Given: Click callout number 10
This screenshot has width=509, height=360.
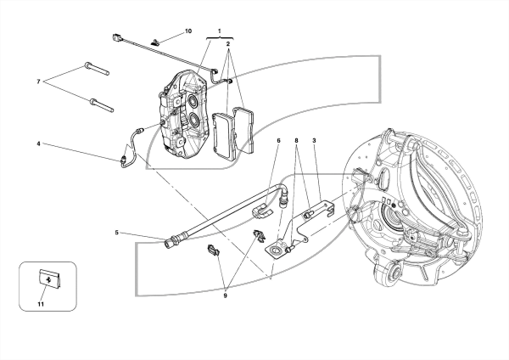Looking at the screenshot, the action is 188,31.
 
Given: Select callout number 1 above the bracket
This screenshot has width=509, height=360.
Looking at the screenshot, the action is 220,31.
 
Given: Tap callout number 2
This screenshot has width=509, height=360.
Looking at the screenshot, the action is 228,43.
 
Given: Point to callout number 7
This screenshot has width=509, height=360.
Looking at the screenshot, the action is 39,82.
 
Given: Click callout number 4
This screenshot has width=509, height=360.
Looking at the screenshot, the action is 38,143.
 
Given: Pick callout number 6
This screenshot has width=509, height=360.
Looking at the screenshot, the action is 278,141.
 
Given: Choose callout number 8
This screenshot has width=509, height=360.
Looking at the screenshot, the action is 296,141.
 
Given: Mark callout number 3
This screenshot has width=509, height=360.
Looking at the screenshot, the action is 314,141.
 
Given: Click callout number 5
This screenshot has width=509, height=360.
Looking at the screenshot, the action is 116,233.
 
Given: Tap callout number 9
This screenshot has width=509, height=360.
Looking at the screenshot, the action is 226,295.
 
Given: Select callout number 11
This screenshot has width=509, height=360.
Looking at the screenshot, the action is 41,304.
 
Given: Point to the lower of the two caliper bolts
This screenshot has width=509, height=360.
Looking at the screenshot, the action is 101,105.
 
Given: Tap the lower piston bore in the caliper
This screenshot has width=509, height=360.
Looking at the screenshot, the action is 194,121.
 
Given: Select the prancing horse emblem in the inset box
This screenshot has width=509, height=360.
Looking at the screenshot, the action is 49,279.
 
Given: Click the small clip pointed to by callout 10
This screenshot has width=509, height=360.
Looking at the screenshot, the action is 155,42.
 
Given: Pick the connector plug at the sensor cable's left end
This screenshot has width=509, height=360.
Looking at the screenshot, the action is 116,37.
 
